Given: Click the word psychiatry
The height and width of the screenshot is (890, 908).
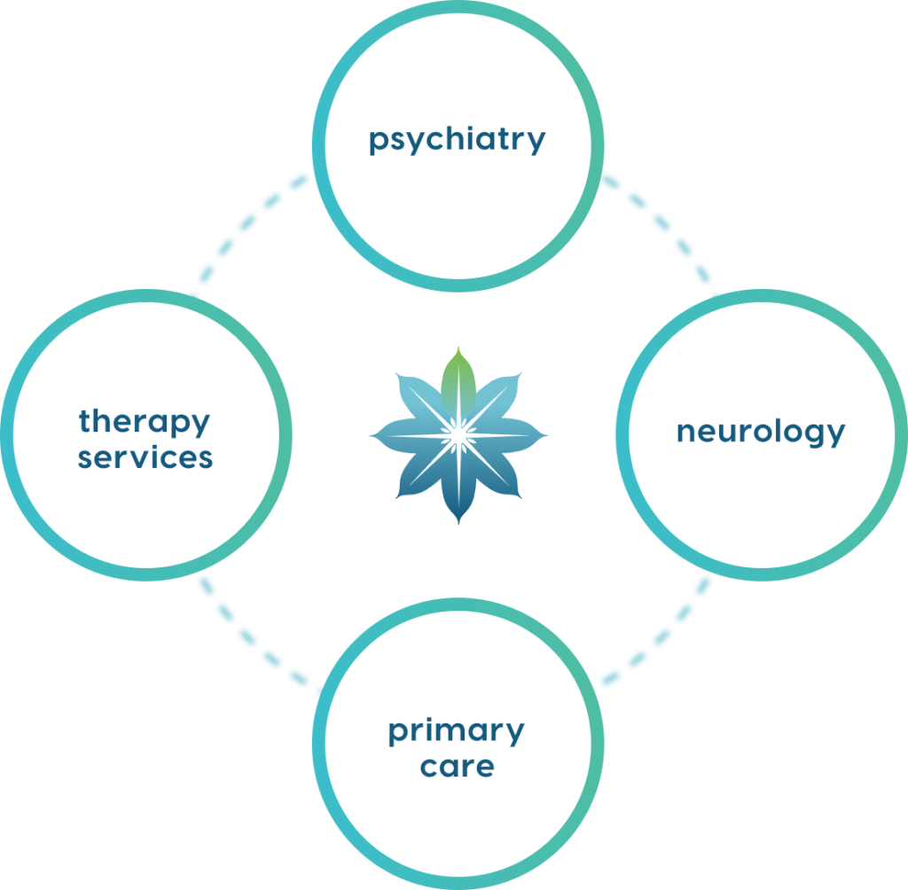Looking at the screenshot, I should [457, 140].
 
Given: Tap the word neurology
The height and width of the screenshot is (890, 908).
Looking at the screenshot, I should [761, 432].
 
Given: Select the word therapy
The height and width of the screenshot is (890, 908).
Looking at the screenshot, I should [145, 421].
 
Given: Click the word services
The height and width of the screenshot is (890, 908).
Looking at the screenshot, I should [145, 457].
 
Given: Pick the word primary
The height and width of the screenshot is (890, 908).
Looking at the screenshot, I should [456, 732].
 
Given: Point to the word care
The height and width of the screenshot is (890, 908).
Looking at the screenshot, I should [457, 766].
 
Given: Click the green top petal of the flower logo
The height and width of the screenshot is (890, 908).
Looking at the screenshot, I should [458, 377].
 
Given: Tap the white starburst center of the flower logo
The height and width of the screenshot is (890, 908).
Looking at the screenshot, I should [458, 434].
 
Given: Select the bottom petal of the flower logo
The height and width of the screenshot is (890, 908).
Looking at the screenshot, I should [458, 496].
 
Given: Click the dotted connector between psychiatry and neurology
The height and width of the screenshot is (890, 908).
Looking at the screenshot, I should [661, 232].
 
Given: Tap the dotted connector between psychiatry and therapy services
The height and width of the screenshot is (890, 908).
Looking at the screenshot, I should [250, 232].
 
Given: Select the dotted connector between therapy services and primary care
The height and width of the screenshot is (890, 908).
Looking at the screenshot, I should [252, 634].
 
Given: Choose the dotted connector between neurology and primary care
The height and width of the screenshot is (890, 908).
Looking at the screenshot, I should [661, 634].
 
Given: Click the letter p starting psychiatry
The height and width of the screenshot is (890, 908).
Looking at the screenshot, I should [378, 143].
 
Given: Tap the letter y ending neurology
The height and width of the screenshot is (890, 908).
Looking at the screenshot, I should [835, 436].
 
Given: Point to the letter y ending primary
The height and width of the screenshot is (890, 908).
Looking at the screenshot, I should [514, 736].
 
